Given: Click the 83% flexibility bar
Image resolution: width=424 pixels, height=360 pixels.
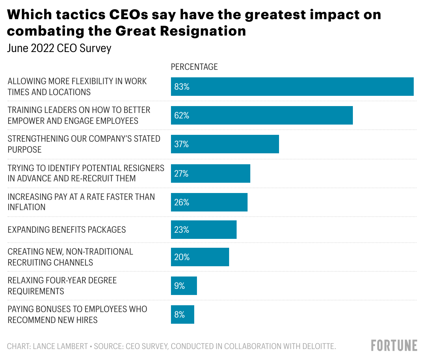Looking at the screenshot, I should (x=292, y=87).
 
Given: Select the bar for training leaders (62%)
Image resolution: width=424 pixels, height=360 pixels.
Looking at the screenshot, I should (x=262, y=115).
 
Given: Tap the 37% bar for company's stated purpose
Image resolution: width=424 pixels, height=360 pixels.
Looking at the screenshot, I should (x=225, y=144).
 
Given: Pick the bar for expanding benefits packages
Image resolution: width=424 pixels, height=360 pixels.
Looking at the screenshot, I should (x=204, y=230).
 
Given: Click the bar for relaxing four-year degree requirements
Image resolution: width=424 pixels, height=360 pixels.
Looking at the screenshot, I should (x=184, y=286).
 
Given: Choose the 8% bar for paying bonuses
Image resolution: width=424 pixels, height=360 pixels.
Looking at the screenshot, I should (x=183, y=314).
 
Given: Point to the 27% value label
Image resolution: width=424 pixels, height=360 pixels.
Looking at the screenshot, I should (x=181, y=173).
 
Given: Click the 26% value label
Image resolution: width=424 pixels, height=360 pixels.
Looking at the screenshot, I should (x=182, y=202).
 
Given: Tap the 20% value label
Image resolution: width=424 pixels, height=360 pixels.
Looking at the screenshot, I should (x=182, y=257).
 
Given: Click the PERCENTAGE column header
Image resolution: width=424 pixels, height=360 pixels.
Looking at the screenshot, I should (x=194, y=67).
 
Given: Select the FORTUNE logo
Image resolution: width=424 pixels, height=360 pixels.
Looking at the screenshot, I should (x=394, y=346).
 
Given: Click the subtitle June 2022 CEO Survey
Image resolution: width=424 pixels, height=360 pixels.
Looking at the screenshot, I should (x=59, y=48).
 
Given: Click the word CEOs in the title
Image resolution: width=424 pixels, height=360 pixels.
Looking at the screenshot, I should (x=129, y=15).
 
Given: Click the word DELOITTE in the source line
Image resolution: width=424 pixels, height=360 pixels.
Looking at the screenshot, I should (x=319, y=346).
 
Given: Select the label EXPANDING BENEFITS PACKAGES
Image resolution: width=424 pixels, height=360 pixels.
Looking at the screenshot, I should (x=67, y=230).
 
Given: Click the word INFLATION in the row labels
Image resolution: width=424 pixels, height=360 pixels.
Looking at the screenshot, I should (x=27, y=207).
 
